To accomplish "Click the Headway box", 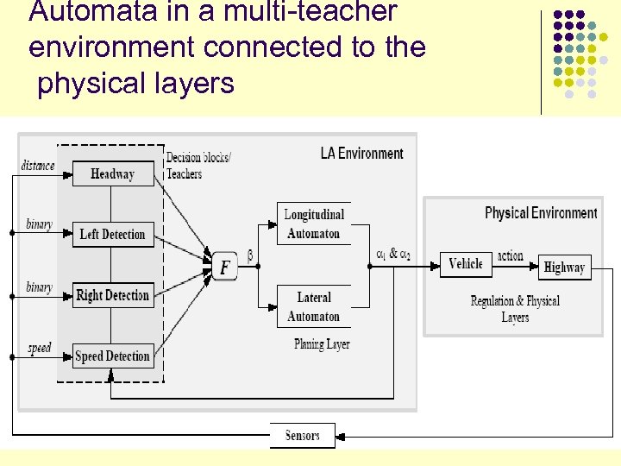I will coord(113,173).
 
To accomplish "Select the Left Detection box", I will coord(113,234).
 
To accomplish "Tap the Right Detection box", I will coord(113,295).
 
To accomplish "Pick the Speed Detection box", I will coord(113,356).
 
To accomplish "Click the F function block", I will coord(224,267).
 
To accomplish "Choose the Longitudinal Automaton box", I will coord(314,224).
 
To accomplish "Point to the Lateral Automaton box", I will coord(314,306).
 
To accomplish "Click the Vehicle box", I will coord(466,264).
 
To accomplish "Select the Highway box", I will coord(564,267).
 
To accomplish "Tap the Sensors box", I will coord(302,436).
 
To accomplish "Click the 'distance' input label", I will coord(38,165).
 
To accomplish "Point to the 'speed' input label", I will coord(40,348).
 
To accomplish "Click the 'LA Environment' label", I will coord(361,154).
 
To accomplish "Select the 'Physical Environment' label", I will coord(541,212).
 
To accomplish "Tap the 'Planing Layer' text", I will coord(322,343).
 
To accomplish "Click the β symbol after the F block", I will coord(250,256).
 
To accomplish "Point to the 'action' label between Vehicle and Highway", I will coord(511,255).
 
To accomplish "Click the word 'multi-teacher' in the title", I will coord(299,12).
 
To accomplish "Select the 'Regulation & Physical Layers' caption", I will coord(515,309).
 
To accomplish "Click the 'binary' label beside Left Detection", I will coord(39,224).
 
